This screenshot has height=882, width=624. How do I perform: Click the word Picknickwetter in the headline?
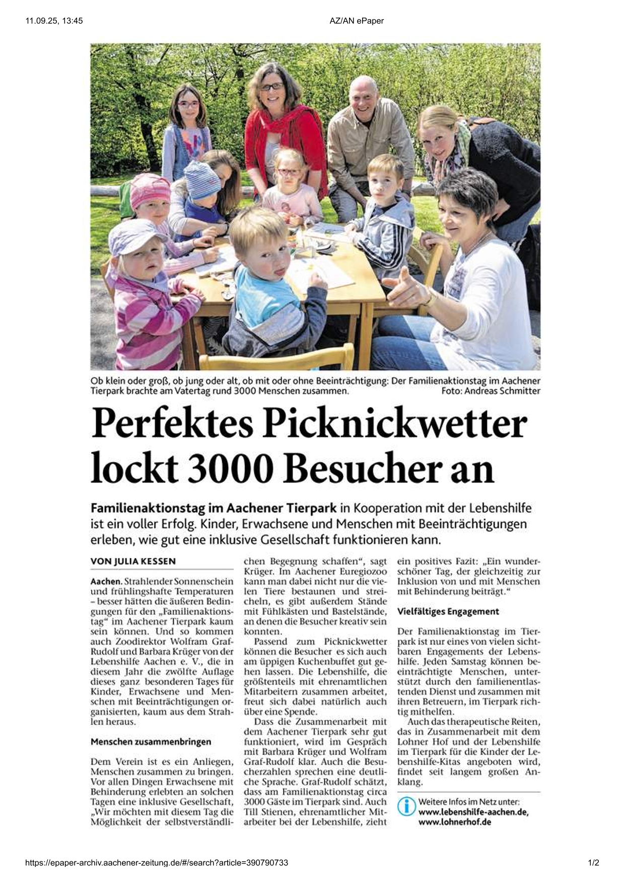(x=395, y=425)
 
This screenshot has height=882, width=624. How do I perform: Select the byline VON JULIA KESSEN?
(x=133, y=561)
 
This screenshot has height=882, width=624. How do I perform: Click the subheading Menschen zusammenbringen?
(x=151, y=742)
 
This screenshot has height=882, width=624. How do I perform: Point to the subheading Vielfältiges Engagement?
(x=448, y=611)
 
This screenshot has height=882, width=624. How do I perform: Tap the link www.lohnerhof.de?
(x=454, y=822)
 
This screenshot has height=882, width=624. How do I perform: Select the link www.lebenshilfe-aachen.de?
(x=473, y=812)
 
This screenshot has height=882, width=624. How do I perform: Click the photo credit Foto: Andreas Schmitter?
(x=491, y=391)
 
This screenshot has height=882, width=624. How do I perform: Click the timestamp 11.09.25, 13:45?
(x=54, y=21)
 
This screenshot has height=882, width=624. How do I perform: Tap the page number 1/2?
(x=594, y=863)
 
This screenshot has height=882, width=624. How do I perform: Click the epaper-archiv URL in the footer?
(x=157, y=863)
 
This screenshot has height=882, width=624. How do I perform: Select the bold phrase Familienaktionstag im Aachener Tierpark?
(x=214, y=508)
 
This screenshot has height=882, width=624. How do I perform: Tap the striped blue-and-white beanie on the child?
(x=202, y=180)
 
